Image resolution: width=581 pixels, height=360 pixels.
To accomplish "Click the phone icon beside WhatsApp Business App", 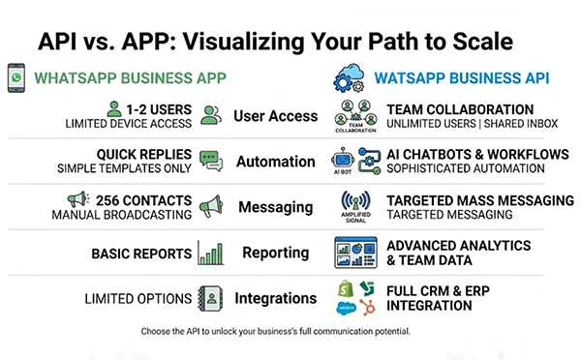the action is [16, 78].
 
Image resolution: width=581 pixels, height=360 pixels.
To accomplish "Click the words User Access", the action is [275, 116].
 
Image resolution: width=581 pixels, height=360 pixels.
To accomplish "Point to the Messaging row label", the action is [274, 206].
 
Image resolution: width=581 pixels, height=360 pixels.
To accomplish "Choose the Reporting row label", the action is [275, 253].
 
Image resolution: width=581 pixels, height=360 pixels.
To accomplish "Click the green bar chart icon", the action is [210, 253].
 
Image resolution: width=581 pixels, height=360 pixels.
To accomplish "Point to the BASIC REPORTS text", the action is [140, 254].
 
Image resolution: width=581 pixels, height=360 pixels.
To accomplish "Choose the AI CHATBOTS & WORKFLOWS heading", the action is [474, 154].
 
